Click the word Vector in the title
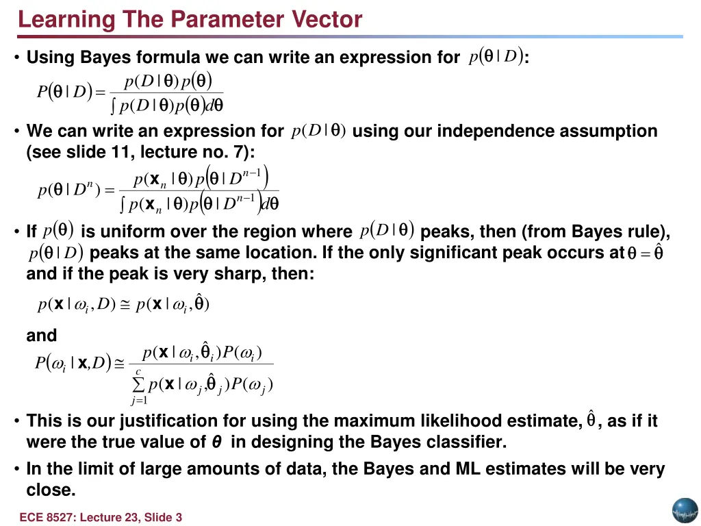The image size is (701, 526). tap(327, 19)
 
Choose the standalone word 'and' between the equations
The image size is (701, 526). tap(41, 336)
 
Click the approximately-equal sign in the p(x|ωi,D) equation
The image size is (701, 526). tap(125, 305)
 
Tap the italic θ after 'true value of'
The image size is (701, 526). tap(216, 442)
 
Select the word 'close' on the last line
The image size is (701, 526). tap(48, 490)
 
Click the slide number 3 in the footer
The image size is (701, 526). tap(179, 518)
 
